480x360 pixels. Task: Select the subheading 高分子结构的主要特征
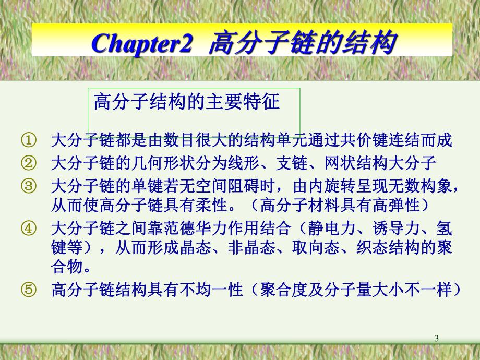187,101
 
